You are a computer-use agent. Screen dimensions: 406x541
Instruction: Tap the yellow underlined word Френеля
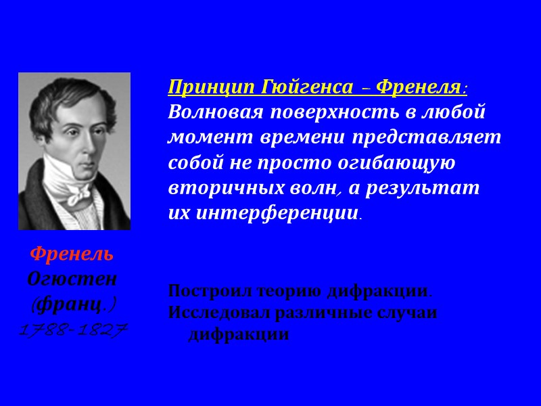[x=417, y=87]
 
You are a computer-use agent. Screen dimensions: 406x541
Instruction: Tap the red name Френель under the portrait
[x=72, y=255]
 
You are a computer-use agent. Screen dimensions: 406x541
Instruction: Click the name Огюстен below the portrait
[x=72, y=279]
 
